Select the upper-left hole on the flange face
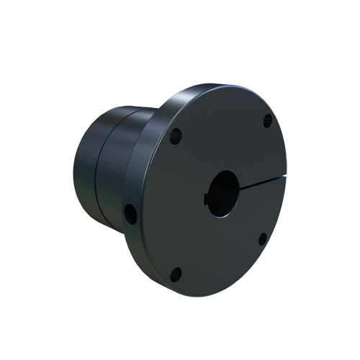175,135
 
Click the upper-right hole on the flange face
267,120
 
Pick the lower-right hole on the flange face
263,238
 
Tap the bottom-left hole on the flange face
174,273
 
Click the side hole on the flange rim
130,212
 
